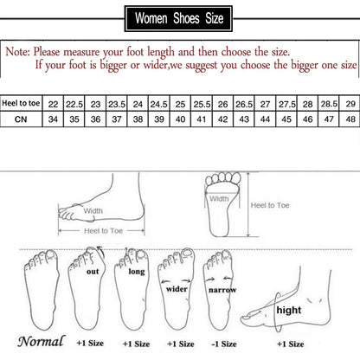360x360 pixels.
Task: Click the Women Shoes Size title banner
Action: [x=179, y=16]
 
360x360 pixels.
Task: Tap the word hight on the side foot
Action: [x=289, y=308]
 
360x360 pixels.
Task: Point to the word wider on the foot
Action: [x=177, y=289]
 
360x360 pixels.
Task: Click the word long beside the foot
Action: [x=137, y=271]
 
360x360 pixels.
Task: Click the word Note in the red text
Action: [x=20, y=52]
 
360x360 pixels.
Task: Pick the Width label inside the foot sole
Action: [x=219, y=198]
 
